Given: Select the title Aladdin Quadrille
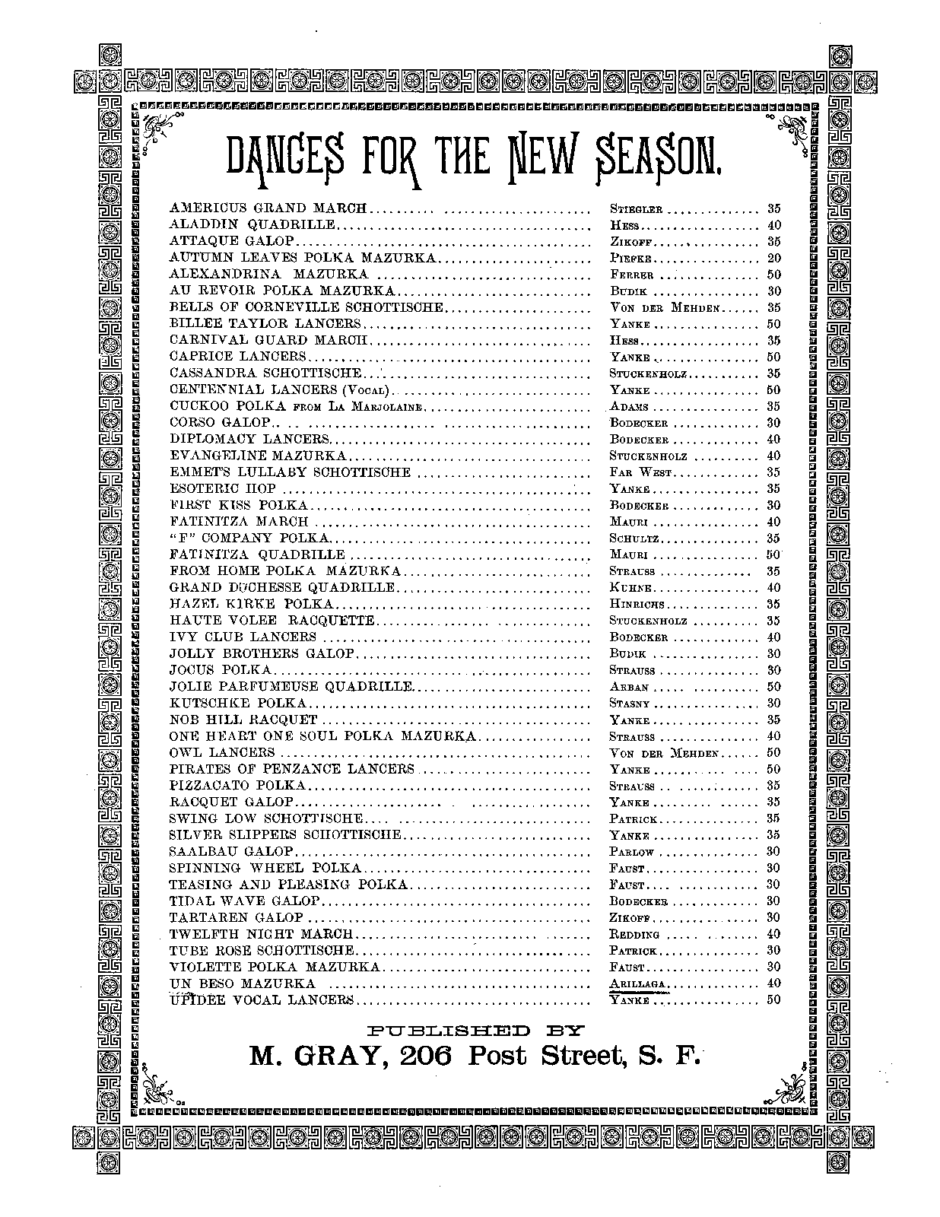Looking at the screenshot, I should coord(252,224).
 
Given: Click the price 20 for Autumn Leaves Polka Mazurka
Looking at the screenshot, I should coord(773,258).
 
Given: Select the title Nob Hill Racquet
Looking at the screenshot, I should coord(243,719).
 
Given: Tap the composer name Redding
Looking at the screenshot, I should coord(634,934).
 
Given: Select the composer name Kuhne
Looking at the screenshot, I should coord(630,587).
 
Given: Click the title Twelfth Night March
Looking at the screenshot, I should coord(262,933).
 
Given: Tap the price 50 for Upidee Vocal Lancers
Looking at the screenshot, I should coord(773,1000).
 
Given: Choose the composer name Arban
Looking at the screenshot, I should coord(628,686).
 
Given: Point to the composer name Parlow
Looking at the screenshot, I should coord(632,851).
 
